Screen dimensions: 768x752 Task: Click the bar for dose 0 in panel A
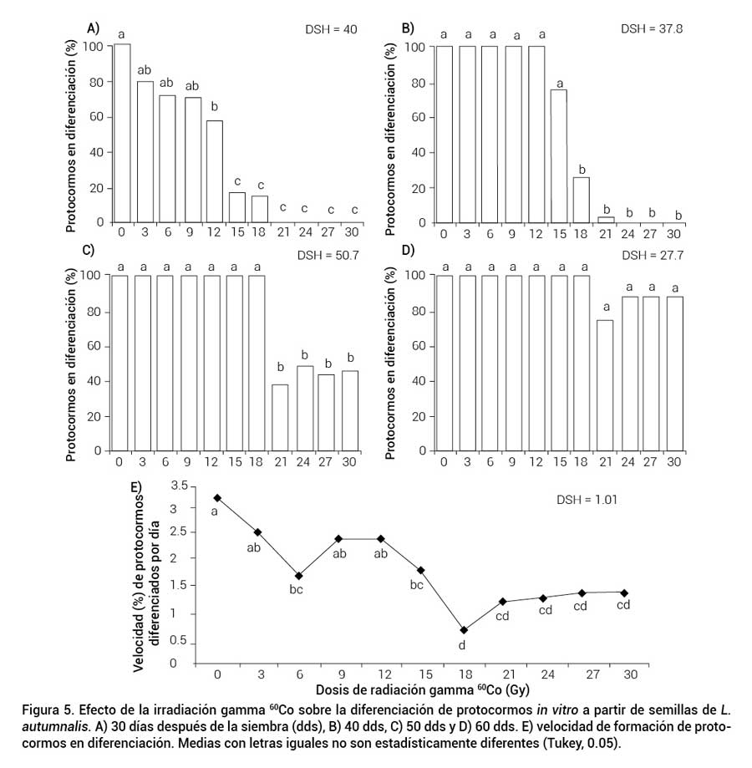click(122, 133)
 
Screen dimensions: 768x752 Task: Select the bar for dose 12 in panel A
click(215, 171)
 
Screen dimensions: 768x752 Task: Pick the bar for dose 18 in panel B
click(582, 201)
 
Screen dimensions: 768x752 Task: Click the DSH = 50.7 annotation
click(331, 255)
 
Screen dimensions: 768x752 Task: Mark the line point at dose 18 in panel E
click(463, 630)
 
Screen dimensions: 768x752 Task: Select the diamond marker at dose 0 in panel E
click(217, 497)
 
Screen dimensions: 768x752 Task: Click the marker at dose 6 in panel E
click(299, 576)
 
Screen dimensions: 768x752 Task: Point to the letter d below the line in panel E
click(462, 645)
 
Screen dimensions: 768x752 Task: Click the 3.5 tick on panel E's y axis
click(176, 485)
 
